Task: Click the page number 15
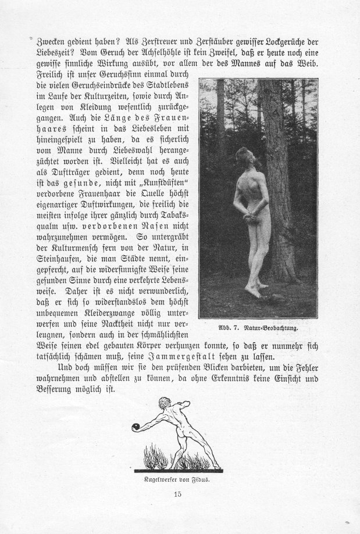[x=178, y=494]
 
